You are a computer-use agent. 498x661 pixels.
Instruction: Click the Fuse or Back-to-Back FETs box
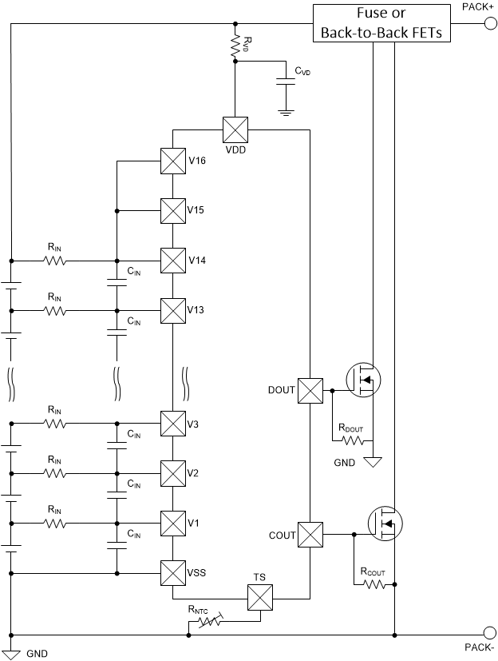[x=381, y=23]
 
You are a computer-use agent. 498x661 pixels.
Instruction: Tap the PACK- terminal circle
[x=489, y=635]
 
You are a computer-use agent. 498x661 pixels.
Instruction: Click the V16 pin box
[x=173, y=161]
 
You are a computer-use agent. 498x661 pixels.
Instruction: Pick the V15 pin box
[x=173, y=210]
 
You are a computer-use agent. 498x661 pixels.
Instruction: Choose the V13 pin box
[x=173, y=310]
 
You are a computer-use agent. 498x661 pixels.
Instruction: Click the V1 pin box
[x=173, y=523]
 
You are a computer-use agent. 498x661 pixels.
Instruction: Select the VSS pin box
[x=173, y=572]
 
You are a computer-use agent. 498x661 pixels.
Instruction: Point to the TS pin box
[x=259, y=597]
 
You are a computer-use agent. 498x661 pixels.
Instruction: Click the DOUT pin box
[x=310, y=390]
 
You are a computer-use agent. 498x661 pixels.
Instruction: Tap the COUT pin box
[x=310, y=534]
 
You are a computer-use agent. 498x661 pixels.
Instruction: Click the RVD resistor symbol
[x=235, y=46]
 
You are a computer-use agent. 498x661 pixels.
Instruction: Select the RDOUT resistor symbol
[x=353, y=440]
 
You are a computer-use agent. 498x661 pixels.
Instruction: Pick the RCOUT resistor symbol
[x=373, y=584]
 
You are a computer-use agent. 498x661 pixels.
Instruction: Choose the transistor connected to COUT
[x=385, y=523]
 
